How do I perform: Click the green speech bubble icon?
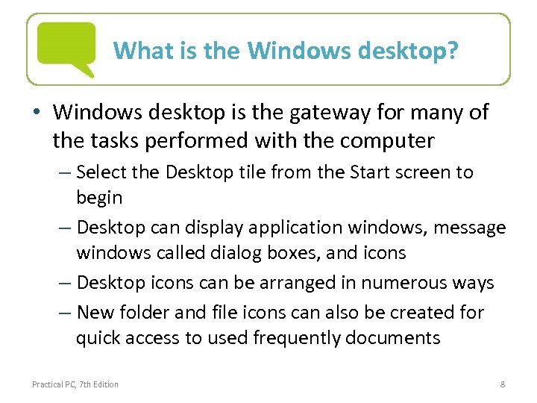pos(66,47)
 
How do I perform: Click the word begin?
pos(99,198)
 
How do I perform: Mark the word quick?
pos(101,338)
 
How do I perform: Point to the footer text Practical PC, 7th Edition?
pos(75,384)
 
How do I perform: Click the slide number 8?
pos(503,384)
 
